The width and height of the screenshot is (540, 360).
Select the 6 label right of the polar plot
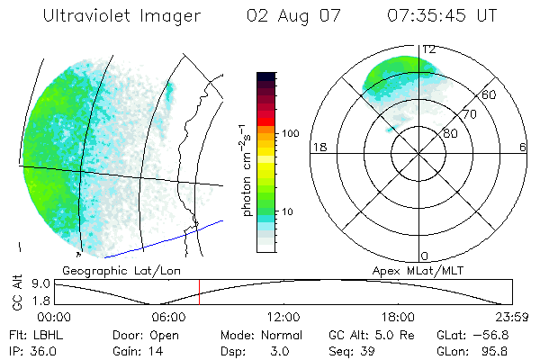(523, 147)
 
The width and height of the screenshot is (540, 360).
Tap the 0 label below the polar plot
(425, 256)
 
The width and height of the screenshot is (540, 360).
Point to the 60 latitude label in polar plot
(489, 94)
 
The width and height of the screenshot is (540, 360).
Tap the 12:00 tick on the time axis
(283, 317)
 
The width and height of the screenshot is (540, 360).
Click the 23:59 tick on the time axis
(512, 317)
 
